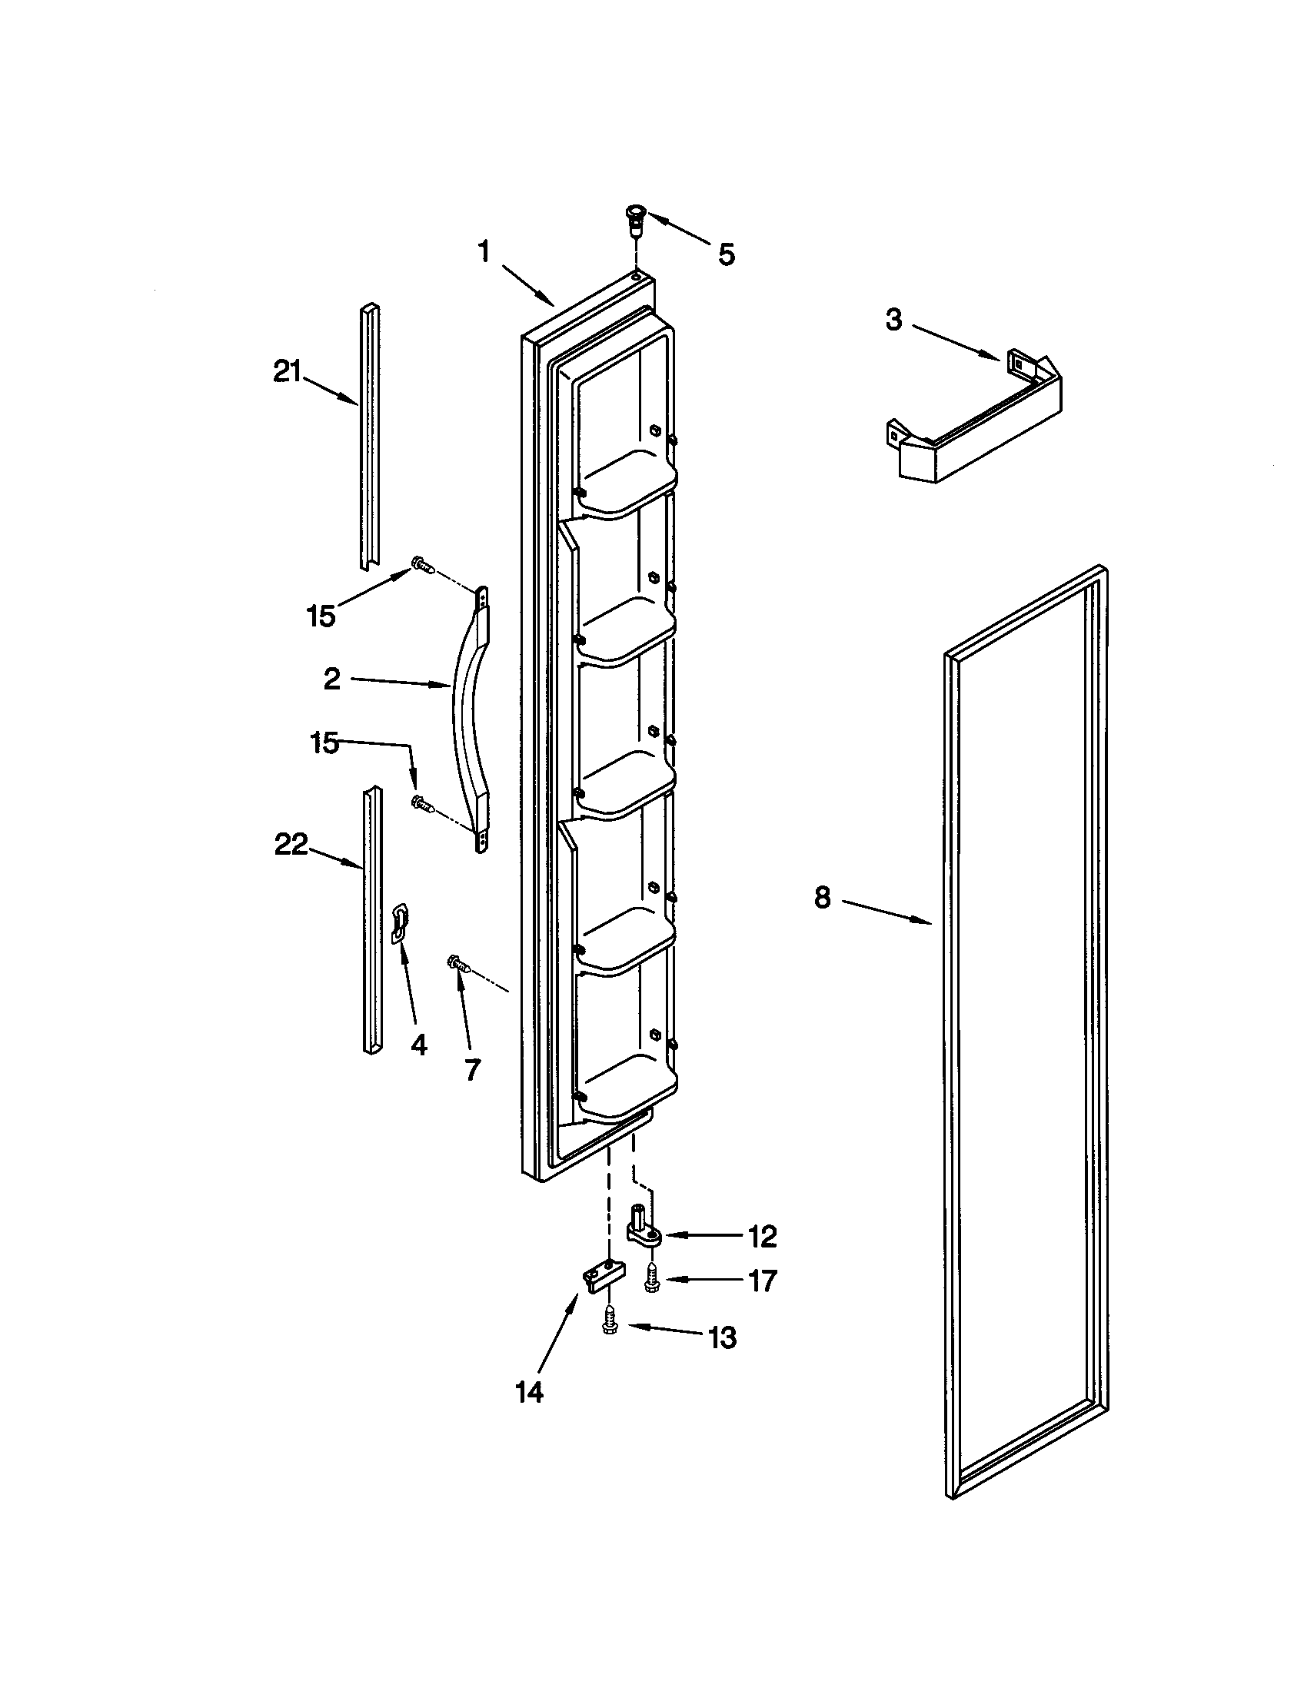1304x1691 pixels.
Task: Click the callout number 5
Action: pyautogui.click(x=725, y=254)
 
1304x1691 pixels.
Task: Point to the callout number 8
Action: pyautogui.click(x=822, y=897)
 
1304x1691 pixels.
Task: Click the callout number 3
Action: pyautogui.click(x=893, y=320)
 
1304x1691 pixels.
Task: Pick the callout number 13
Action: pyautogui.click(x=723, y=1337)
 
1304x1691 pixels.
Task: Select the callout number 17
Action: pyautogui.click(x=762, y=1281)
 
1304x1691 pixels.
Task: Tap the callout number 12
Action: pyautogui.click(x=762, y=1237)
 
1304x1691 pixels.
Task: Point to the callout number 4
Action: pyautogui.click(x=418, y=1045)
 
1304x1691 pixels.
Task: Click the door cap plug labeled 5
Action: pyautogui.click(x=635, y=220)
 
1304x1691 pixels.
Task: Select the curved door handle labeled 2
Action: pyautogui.click(x=468, y=720)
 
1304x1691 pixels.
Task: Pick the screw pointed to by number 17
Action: pyautogui.click(x=651, y=1277)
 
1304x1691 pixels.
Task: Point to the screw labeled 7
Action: pyautogui.click(x=458, y=964)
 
